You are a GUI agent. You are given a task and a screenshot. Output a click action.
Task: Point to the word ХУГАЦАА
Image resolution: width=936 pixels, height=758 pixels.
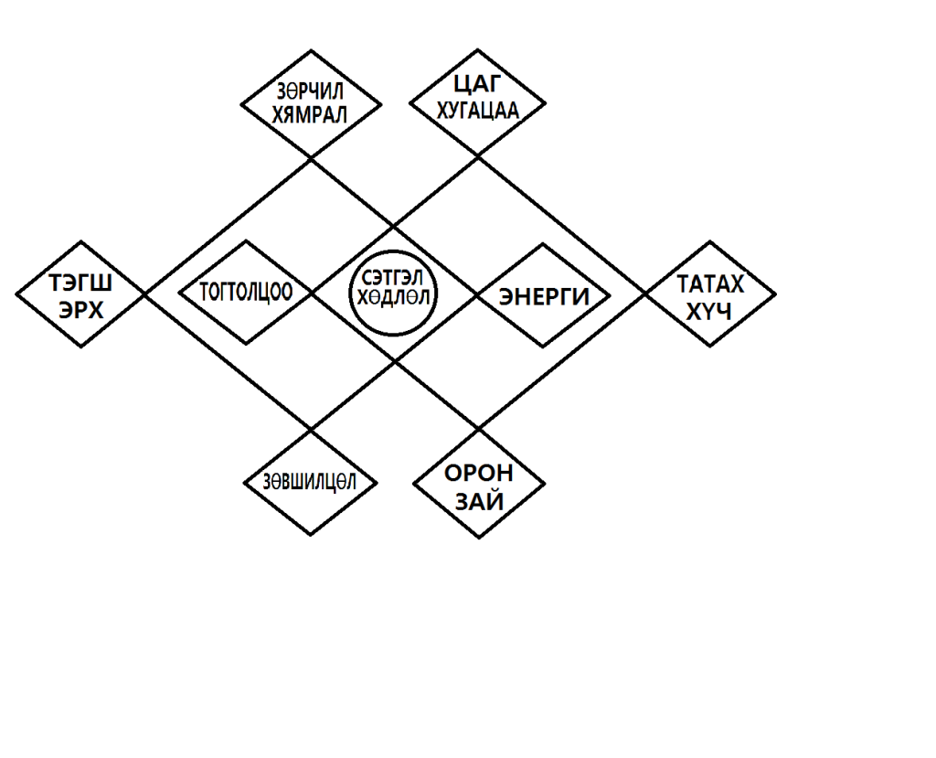tap(477, 112)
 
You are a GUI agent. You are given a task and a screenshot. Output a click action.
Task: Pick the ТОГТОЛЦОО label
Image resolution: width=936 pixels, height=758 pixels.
tap(246, 293)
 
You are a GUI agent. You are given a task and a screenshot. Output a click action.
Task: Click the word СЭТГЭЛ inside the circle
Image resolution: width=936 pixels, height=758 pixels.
tap(394, 278)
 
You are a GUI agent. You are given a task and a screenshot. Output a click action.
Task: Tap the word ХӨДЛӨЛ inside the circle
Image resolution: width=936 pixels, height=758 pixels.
tap(394, 300)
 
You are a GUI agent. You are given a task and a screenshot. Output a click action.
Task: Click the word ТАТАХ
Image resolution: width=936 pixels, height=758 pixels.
tap(709, 283)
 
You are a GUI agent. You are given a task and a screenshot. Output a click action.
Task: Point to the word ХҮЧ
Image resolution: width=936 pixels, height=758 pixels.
tap(709, 311)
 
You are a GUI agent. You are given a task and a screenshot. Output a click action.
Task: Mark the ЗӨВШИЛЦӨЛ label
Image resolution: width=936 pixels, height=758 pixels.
tap(311, 481)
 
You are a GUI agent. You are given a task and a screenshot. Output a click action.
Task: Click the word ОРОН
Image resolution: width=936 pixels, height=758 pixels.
tap(479, 474)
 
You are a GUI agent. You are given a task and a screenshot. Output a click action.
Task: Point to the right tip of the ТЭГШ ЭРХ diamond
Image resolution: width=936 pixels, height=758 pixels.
tap(146, 294)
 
